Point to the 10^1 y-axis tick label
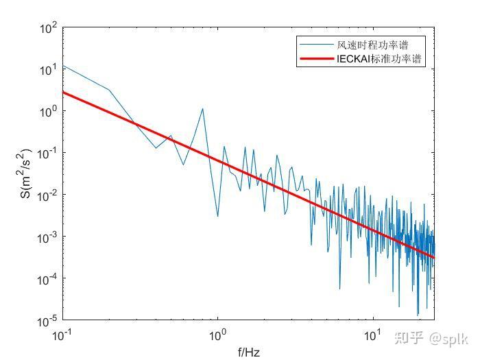click(47, 71)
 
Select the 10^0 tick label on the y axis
click(47, 112)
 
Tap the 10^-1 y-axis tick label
click(46, 154)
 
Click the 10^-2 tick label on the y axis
click(46, 196)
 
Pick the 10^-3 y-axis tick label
click(46, 238)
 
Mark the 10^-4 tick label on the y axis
click(46, 280)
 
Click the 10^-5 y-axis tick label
click(46, 322)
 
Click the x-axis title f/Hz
click(249, 352)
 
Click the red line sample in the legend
click(316, 60)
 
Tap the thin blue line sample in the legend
click(316, 45)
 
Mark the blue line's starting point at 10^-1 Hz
click(63, 66)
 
